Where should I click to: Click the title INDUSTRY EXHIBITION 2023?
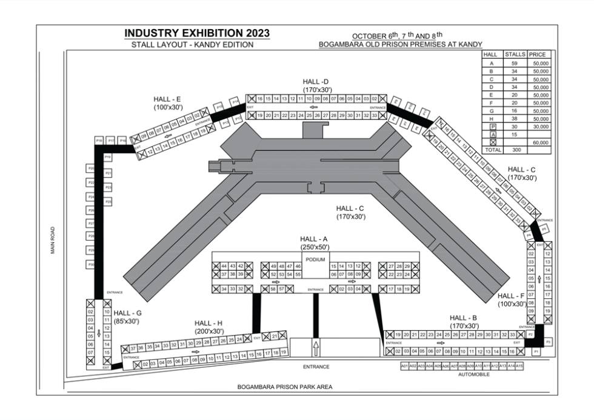pos(197,33)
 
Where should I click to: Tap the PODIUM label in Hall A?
pos(315,259)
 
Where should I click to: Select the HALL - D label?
pos(315,82)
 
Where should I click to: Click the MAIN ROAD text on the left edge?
pos(53,241)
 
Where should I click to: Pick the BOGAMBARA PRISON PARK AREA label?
pos(284,387)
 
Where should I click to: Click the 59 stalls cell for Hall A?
pos(515,63)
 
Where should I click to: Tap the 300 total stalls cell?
pos(515,150)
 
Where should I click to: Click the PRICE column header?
pos(538,55)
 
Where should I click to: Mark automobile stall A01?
pos(405,366)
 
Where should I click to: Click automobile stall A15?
pos(519,366)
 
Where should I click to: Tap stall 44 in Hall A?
pos(224,266)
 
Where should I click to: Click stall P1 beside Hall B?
pos(535,351)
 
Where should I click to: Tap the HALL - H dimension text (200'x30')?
pos(209,332)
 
